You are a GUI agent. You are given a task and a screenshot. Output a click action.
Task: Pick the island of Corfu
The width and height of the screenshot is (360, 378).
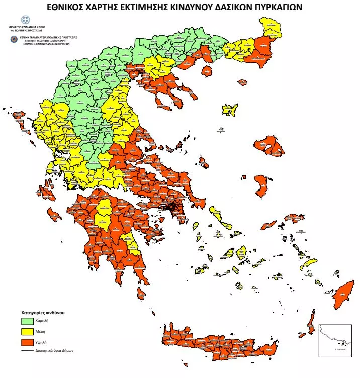(x=20, y=114)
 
